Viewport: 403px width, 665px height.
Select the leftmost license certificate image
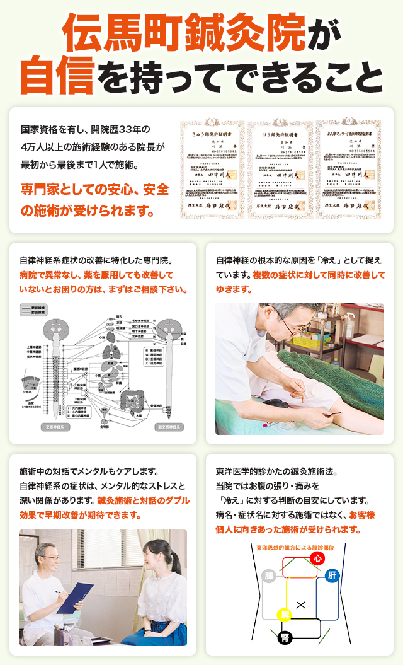pos(213,170)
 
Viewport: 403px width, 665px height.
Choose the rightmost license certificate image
pos(348,170)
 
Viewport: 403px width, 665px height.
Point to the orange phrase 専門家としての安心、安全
pos(94,188)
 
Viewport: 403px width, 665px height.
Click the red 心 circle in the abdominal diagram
pos(317,558)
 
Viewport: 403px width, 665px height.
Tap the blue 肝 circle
pos(332,575)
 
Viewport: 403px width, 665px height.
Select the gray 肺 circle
pos(269,575)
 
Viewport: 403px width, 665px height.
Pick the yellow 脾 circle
pos(285,615)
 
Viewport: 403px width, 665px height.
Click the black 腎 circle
pos(285,637)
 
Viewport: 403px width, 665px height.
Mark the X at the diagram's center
pos(300,605)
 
